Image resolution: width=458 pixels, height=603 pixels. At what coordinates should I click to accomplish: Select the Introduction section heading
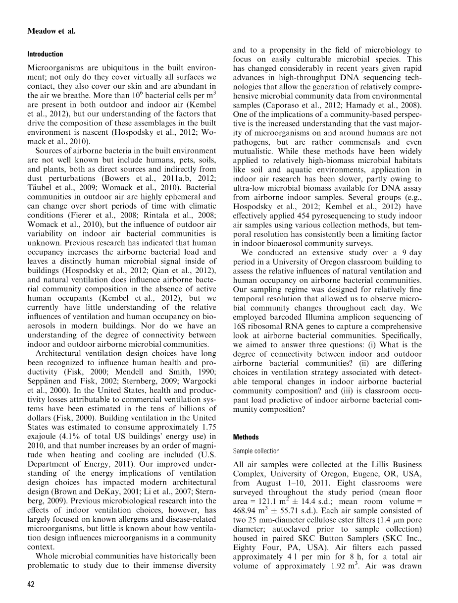click(x=45, y=54)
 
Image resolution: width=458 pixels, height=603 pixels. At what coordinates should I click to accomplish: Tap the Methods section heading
click(x=246, y=437)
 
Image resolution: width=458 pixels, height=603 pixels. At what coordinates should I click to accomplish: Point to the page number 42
click(x=31, y=585)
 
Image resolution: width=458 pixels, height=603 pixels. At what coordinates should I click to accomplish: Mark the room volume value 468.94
click(x=244, y=501)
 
